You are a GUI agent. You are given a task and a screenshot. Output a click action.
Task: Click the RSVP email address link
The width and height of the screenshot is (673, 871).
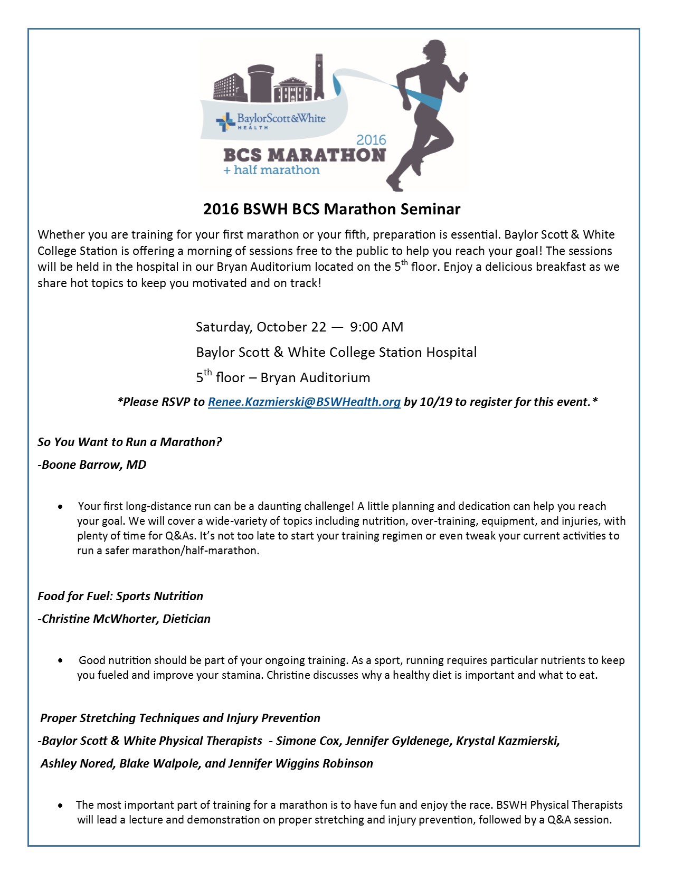point(304,402)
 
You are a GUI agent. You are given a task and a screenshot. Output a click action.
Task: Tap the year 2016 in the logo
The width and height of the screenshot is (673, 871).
point(371,140)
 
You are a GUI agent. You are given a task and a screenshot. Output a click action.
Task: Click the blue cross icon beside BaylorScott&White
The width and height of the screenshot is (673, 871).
point(225,121)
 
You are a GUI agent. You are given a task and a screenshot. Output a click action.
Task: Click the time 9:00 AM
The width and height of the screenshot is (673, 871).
point(376,327)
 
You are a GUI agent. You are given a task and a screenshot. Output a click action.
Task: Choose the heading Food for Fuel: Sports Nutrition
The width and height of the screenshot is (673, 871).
point(120,597)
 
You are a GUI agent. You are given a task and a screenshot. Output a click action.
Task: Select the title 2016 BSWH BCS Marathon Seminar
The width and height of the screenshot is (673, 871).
point(331,210)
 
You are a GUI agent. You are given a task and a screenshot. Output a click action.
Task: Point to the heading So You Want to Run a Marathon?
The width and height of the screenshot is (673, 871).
point(130,442)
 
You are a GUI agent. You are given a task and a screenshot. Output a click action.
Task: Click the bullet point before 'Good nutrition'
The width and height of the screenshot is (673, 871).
point(62,661)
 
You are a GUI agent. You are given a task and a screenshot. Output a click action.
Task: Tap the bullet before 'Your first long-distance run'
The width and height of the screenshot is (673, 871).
point(62,507)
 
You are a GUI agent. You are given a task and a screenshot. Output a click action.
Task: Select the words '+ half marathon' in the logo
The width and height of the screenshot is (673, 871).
point(271,171)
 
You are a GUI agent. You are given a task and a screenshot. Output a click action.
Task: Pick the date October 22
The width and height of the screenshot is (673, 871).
point(291,327)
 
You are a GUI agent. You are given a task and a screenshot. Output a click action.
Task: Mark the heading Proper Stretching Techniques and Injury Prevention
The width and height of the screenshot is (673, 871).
point(180,718)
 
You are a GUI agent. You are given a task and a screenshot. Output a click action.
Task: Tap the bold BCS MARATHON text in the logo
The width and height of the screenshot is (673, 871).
point(305,155)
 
